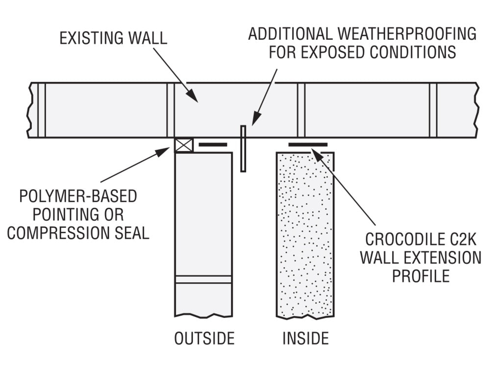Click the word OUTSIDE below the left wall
(204, 338)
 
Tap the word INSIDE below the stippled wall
(305, 338)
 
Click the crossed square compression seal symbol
(184, 146)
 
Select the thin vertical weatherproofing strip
(243, 148)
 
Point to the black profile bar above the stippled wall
(308, 145)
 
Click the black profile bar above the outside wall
(213, 145)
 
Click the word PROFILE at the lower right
(420, 275)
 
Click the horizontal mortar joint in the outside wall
(203, 279)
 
